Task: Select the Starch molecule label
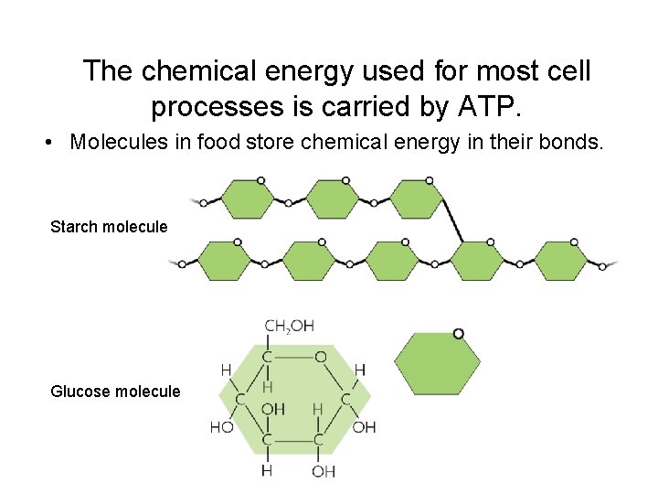109,226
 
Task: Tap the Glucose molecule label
115,392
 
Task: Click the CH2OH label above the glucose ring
289,326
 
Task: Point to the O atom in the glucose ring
321,356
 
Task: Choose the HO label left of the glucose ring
221,427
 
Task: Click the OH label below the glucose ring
324,471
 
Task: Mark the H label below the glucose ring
267,470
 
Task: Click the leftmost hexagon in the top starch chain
247,199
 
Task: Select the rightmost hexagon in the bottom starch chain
561,261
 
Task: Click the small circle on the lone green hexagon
458,334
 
